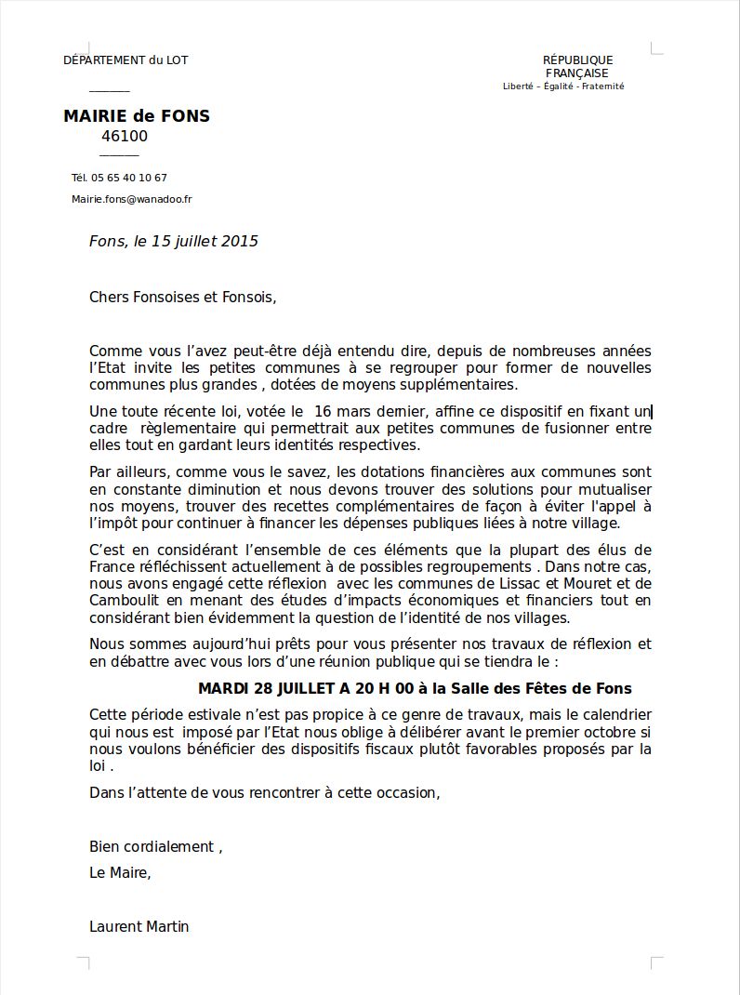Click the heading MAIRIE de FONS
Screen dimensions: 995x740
[137, 116]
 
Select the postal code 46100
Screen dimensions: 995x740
[125, 137]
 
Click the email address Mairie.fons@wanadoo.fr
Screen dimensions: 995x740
[132, 199]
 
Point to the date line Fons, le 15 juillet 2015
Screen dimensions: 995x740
[174, 242]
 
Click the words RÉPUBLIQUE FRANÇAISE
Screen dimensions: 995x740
[577, 67]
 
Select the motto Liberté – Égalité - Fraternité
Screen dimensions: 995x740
[563, 86]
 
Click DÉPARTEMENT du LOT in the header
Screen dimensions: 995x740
[126, 60]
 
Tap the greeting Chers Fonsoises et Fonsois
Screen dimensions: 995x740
[182, 298]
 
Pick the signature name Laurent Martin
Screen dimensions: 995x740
[139, 926]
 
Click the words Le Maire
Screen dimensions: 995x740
[119, 873]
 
